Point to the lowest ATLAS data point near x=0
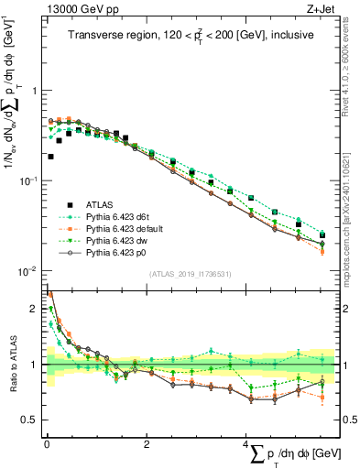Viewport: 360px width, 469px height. pyautogui.click(x=49, y=157)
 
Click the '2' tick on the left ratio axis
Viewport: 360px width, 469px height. pyautogui.click(x=36, y=310)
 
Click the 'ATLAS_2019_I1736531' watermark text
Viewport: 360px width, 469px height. pyautogui.click(x=191, y=274)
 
